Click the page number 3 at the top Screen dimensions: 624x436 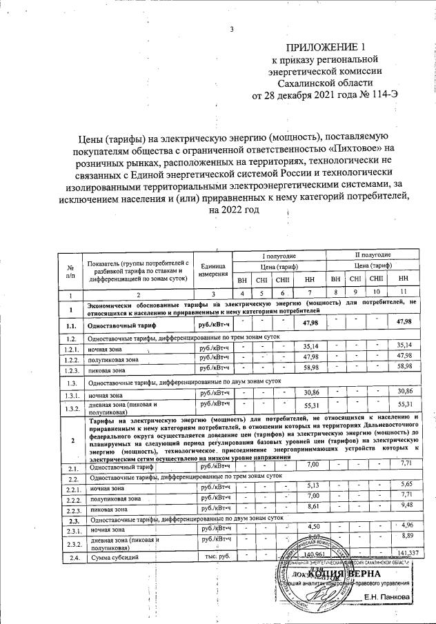[232, 29]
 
